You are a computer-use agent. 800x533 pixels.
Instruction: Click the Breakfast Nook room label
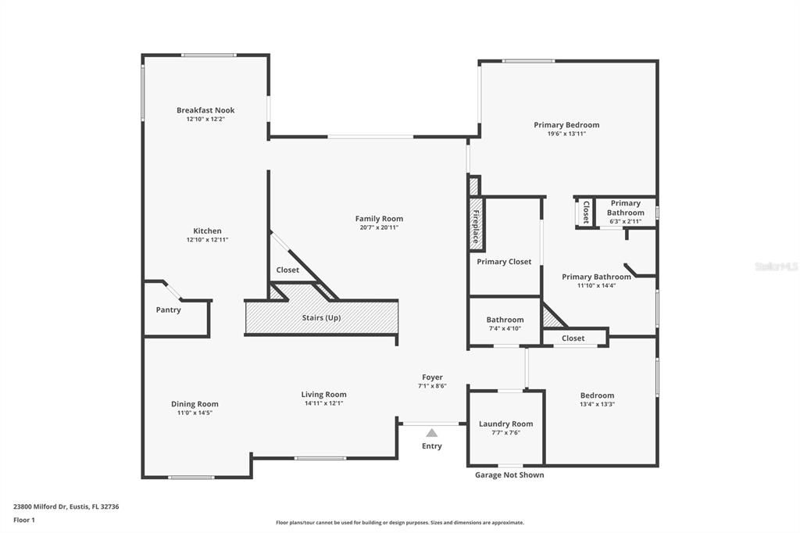[205, 110]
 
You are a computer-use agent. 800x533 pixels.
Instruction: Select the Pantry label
[168, 310]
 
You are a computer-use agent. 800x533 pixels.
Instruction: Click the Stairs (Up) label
[321, 318]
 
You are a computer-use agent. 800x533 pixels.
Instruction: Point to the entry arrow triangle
[431, 432]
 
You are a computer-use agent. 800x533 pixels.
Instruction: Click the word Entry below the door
[431, 446]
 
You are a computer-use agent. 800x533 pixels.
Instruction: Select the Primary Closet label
[504, 262]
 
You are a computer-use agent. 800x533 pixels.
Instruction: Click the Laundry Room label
[505, 424]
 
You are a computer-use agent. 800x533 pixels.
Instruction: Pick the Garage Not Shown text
[509, 475]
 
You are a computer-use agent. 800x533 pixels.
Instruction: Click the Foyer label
[431, 377]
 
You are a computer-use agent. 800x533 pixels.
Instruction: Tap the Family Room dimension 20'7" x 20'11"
[379, 227]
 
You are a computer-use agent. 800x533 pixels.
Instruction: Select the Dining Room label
[195, 404]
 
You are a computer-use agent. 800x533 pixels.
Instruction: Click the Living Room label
[323, 395]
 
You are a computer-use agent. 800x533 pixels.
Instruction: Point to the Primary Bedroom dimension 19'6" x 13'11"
[566, 134]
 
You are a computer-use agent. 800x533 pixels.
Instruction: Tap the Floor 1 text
[24, 520]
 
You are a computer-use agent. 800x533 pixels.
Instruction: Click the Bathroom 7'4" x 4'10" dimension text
[505, 328]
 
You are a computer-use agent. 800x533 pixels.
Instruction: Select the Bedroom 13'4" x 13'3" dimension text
[597, 404]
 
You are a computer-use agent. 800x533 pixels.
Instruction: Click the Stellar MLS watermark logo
[777, 266]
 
